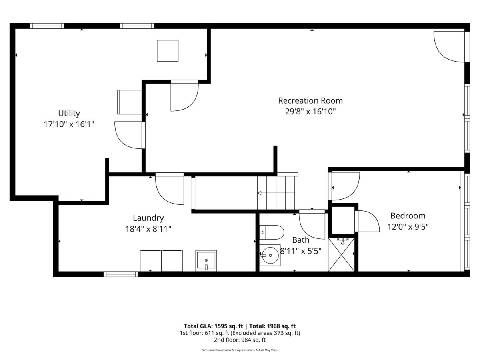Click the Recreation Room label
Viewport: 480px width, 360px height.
coord(310,101)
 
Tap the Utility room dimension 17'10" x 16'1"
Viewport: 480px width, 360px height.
coord(69,124)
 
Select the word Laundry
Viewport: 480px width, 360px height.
coord(148,218)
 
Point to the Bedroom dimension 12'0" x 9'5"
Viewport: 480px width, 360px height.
coord(408,227)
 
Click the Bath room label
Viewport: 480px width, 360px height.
coord(301,240)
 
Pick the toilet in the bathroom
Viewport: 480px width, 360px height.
coord(272,232)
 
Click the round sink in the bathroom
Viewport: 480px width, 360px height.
coord(270,255)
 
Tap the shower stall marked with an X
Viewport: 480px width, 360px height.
coord(341,255)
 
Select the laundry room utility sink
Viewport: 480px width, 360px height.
coord(206,261)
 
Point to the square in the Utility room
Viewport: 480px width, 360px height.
coord(168,51)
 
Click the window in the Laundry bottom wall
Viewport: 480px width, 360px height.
coord(121,274)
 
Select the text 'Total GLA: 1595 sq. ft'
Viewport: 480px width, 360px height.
coord(213,326)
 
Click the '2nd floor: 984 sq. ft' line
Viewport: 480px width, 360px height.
coord(240,340)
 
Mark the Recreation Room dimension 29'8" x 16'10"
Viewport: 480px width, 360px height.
coord(310,112)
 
